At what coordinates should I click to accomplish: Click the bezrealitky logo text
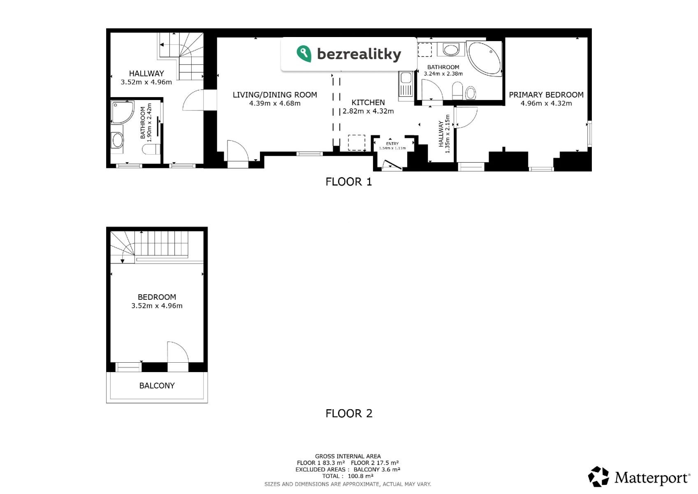coord(359,54)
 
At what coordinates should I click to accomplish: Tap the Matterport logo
coord(639,476)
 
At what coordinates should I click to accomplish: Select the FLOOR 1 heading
coord(349,182)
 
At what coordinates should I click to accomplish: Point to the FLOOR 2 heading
coord(349,414)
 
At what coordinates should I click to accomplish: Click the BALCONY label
coord(157,386)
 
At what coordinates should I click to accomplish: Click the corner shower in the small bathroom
coord(123,112)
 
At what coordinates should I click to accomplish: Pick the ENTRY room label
coord(392,144)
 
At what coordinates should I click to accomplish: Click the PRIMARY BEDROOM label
coord(546,95)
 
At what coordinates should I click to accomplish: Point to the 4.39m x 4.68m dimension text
coord(275,104)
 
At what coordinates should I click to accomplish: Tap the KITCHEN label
coord(368,103)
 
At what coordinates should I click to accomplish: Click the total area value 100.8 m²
coord(361,476)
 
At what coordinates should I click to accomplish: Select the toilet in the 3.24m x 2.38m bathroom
coord(457,91)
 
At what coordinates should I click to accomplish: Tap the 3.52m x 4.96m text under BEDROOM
coord(157,306)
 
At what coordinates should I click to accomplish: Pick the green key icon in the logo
coord(304,54)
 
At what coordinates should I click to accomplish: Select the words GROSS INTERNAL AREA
coord(348,457)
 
